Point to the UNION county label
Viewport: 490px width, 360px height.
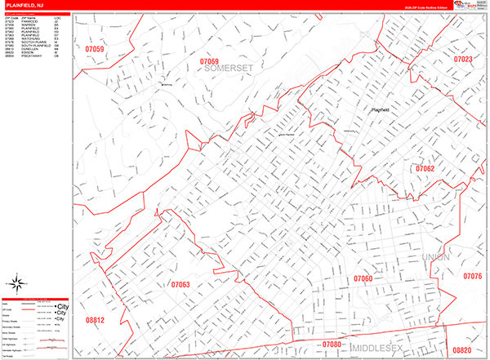[436, 258]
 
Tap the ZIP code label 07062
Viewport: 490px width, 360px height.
[425, 169]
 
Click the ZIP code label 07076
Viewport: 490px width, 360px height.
[472, 277]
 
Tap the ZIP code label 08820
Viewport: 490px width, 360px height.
[461, 349]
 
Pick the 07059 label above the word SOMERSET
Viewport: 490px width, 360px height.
[210, 61]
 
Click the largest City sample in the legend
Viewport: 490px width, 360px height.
[61, 306]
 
